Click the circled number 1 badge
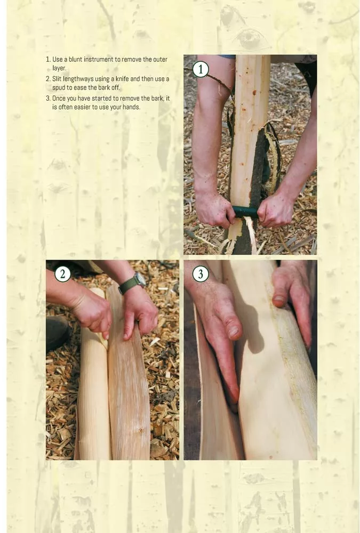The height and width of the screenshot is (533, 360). pos(201,69)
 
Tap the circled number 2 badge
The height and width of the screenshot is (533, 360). pos(62,274)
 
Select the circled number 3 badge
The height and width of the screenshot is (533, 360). pos(201,274)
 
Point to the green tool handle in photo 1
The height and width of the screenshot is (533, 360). pos(245,212)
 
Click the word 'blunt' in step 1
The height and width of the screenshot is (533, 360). pos(75,60)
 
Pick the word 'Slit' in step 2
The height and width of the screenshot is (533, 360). pos(57,79)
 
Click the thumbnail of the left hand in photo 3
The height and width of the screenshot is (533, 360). pos(234,333)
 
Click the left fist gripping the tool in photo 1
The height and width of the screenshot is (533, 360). pos(214,210)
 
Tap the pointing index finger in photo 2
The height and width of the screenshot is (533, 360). pos(129,325)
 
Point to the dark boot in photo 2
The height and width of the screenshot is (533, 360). pos(58,333)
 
